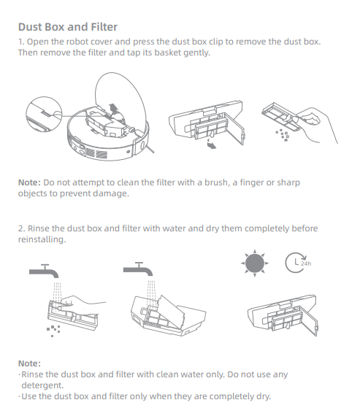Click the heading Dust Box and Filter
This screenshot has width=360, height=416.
coord(68,27)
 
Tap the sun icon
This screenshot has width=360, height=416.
coord(255,263)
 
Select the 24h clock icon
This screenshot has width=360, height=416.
coord(298,263)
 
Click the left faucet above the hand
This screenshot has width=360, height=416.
coord(44,271)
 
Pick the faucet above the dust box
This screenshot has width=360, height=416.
coord(138,269)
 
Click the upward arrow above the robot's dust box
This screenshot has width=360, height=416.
coord(113,109)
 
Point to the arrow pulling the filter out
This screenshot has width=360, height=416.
coord(211,144)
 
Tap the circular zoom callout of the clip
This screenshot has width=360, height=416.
coord(44,114)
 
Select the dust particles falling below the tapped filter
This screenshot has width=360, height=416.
coord(283,135)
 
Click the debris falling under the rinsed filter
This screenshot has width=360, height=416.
coord(53,331)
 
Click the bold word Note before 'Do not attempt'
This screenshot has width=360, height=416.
coord(29,182)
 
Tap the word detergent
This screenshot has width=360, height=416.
coord(42,385)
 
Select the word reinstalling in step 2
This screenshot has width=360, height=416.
coord(42,239)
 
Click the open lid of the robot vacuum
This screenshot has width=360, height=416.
coord(120,98)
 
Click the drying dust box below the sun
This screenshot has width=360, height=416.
coord(282,315)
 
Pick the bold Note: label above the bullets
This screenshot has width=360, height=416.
coord(29,363)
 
